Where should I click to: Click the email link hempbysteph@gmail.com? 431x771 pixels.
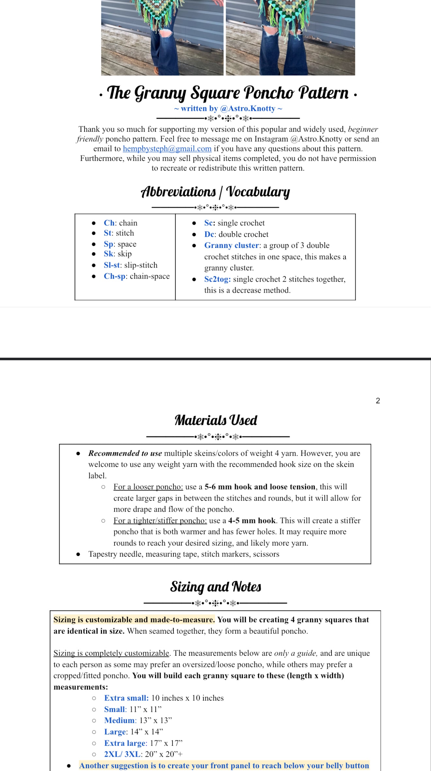point(167,149)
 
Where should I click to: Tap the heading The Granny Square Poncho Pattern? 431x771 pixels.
point(228,93)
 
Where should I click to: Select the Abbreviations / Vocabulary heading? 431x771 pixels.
point(215,192)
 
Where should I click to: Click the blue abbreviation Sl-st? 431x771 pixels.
point(112,265)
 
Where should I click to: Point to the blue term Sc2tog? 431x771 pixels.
point(217,279)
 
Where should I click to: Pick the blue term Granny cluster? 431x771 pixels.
point(231,245)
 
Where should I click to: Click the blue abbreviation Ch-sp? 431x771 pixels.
point(114,276)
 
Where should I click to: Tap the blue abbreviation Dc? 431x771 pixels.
point(209,234)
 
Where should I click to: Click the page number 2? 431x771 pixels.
point(378,401)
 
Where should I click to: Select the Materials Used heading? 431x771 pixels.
point(216,420)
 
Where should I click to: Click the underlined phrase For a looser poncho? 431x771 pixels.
point(148,487)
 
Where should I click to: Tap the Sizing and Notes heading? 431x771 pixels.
point(215,587)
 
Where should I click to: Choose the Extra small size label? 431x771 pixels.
point(126,698)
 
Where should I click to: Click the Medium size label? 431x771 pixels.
point(119,720)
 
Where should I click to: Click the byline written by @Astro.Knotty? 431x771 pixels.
point(228,108)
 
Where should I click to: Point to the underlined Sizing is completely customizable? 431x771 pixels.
point(111,653)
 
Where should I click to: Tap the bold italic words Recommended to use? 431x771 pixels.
point(125,453)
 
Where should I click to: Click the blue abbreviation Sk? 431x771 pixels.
point(108,254)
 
